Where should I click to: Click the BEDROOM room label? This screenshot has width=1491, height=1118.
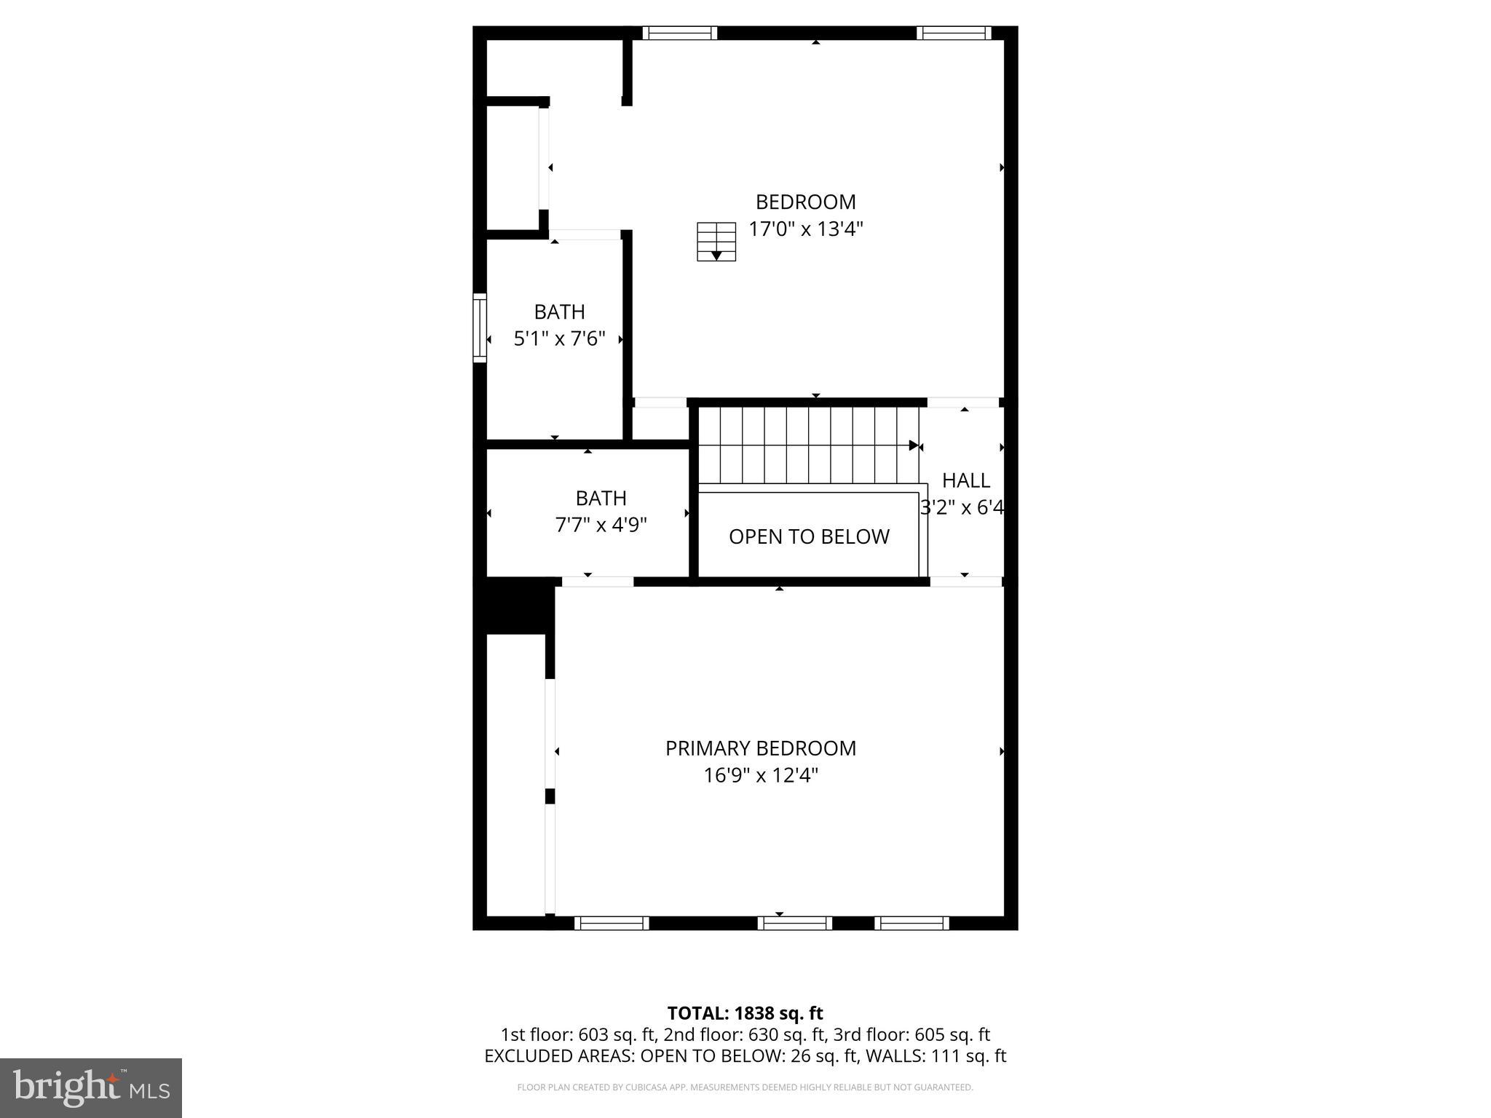click(x=805, y=202)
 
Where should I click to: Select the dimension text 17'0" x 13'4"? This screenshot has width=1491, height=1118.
click(x=806, y=229)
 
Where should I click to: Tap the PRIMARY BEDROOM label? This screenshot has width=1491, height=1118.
click(x=760, y=748)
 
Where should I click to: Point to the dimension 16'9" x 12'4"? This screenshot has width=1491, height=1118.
click(x=760, y=776)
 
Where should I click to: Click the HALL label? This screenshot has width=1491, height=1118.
click(x=966, y=480)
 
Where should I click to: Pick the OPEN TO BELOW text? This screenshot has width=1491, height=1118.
click(x=809, y=536)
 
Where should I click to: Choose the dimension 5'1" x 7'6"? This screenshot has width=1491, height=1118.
click(x=559, y=339)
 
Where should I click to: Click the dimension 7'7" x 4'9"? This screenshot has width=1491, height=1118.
click(x=601, y=525)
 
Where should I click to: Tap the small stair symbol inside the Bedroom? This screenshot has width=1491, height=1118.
click(x=716, y=242)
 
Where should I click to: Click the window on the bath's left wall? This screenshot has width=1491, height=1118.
click(x=479, y=328)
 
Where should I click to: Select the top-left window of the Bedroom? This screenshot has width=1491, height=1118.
click(x=679, y=33)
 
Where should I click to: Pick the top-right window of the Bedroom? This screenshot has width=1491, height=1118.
click(x=954, y=33)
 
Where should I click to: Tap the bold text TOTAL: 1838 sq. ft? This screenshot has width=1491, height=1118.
click(x=745, y=1013)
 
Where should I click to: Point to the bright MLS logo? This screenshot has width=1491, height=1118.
click(x=91, y=1088)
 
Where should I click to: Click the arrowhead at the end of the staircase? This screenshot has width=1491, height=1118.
click(x=914, y=445)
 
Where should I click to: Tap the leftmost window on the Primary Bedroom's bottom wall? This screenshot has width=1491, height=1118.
click(x=612, y=923)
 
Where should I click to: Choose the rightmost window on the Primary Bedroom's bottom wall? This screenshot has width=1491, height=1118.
click(x=911, y=923)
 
